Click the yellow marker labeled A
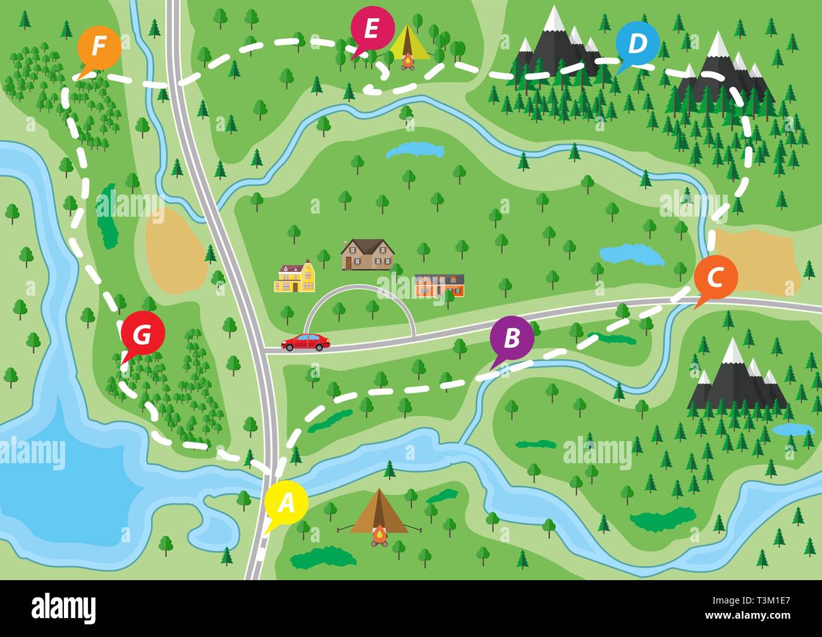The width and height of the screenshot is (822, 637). [286, 503]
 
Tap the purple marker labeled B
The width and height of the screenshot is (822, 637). [512, 338]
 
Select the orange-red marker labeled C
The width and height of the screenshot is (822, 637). [715, 277]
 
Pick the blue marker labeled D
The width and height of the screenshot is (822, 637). [638, 44]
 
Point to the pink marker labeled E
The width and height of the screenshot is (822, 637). [371, 29]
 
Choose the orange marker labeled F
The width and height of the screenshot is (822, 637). [99, 47]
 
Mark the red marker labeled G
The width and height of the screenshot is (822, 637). [142, 334]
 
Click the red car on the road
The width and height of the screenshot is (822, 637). [306, 342]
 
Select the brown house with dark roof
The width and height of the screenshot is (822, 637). [367, 255]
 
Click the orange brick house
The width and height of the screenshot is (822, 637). [439, 286]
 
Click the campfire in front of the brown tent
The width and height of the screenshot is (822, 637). [379, 536]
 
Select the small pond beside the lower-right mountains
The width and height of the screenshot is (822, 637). [792, 430]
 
